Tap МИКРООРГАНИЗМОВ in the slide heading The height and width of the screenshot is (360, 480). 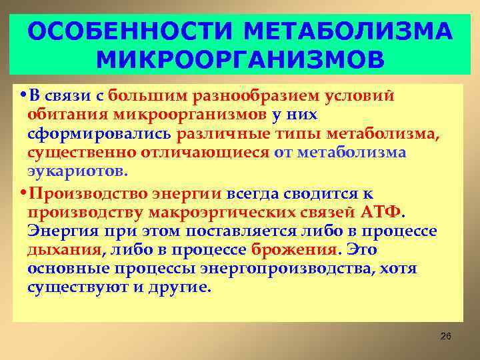click(240, 60)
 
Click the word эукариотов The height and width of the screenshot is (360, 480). click(76, 171)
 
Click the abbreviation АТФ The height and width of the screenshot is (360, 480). click(381, 213)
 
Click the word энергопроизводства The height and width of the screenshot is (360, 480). click(278, 269)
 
